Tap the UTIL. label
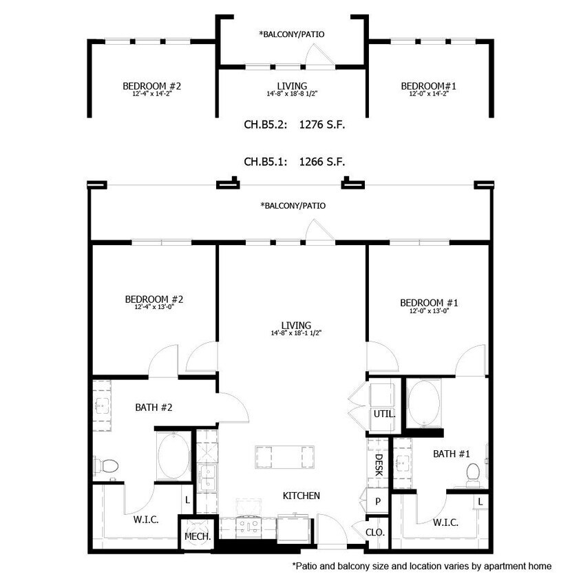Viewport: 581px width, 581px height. click(384, 414)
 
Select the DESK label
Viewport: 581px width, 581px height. click(378, 464)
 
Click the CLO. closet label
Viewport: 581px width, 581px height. click(375, 532)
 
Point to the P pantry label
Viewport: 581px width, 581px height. click(377, 501)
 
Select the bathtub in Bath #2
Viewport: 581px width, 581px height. click(172, 457)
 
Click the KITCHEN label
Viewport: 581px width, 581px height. click(302, 496)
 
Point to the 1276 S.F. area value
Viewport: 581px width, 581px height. click(321, 125)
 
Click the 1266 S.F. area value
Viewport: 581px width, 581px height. click(321, 162)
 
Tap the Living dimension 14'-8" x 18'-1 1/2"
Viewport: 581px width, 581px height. click(296, 333)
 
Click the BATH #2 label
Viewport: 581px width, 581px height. click(154, 408)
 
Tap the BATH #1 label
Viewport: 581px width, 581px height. click(451, 454)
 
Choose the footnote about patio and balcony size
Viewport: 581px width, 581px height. click(421, 566)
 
